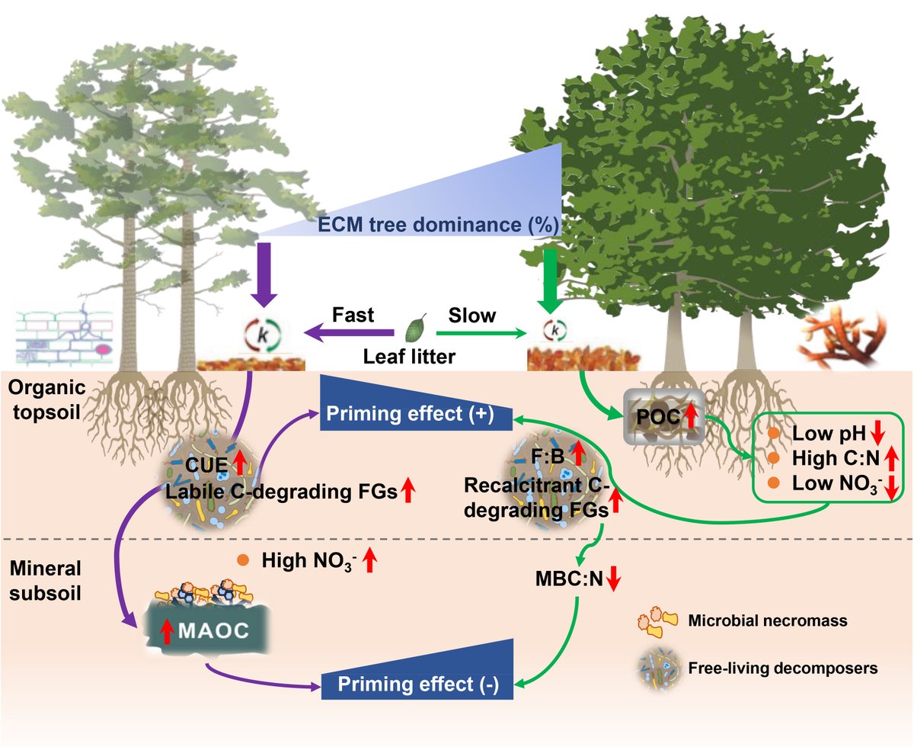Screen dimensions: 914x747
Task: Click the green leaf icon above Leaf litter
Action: (x=415, y=328)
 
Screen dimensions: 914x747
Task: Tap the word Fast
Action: (x=353, y=315)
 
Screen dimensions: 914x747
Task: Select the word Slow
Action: (x=472, y=316)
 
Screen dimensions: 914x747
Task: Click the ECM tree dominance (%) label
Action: (x=438, y=225)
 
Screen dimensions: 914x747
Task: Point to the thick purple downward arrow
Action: (x=264, y=275)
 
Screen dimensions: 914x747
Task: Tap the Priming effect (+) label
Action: (x=410, y=413)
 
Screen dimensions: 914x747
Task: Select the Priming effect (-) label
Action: (x=418, y=684)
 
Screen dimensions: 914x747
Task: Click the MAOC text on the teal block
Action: (x=214, y=630)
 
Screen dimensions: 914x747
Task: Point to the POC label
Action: (x=658, y=417)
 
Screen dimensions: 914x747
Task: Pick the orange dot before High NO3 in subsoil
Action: (x=243, y=560)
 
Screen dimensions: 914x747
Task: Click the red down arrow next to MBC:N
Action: (x=613, y=578)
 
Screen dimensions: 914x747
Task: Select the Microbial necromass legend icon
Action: (x=657, y=621)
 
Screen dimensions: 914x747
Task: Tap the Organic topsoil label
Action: (x=46, y=399)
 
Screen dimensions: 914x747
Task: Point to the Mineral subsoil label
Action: (x=46, y=580)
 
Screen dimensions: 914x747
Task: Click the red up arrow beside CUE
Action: (x=241, y=463)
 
